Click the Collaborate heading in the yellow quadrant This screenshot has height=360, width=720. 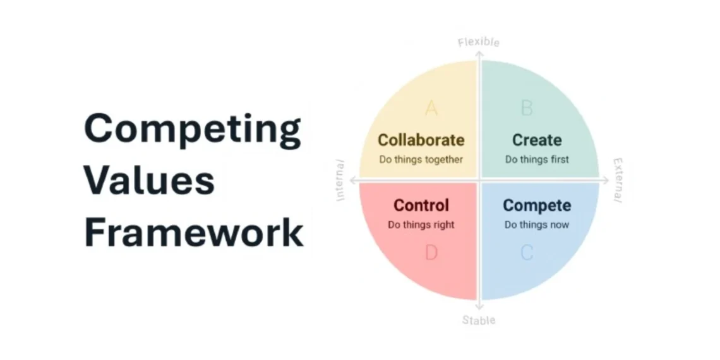point(421,140)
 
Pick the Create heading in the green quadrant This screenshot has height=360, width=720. point(536,140)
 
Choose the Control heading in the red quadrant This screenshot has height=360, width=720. point(421,205)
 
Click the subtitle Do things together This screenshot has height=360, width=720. point(421,159)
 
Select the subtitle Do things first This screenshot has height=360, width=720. point(536,159)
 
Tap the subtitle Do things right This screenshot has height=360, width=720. point(421,224)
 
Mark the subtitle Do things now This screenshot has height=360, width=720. point(536,224)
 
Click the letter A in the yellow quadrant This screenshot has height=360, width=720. point(431,108)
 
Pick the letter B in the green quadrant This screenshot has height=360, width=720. point(526,108)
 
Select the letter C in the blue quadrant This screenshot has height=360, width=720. point(526,253)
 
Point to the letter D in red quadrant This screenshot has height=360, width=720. point(431,253)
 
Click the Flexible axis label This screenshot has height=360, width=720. point(478,42)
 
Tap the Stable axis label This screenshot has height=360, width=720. point(478,320)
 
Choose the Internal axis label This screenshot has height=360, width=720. point(342,180)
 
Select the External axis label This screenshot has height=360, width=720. point(617,180)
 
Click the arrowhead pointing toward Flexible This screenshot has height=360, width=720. point(479,54)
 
